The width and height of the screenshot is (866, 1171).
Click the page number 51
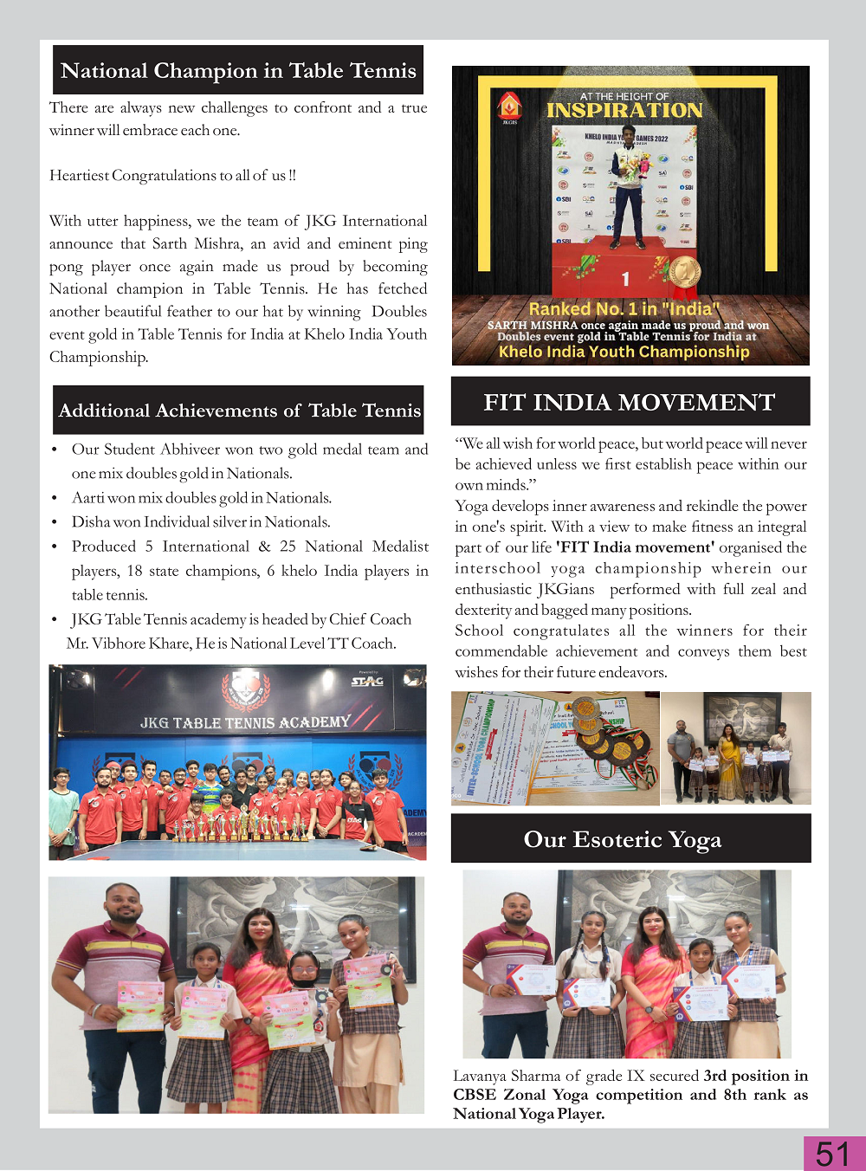pos(832,1154)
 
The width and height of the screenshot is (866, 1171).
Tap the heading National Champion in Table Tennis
pos(238,70)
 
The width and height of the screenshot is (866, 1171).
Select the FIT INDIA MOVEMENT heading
pos(630,402)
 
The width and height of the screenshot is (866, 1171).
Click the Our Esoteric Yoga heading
pos(622,839)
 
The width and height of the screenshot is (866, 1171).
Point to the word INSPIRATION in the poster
pos(624,111)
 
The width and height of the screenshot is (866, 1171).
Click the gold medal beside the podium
pos(683,272)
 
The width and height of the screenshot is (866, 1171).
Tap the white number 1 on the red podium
pos(625,279)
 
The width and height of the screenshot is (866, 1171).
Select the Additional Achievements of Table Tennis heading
pos(239,411)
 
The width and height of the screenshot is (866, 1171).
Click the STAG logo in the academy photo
pos(367,681)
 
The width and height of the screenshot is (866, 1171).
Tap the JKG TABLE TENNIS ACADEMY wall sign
pos(245,722)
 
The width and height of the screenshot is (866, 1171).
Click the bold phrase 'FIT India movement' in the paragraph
pos(635,547)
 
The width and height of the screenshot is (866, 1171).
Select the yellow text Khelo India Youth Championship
pos(624,352)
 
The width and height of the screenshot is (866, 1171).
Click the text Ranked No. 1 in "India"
pos(624,309)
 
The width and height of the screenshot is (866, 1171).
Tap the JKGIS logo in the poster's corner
pos(509,107)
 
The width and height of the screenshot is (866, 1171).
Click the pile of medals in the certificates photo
pos(613,737)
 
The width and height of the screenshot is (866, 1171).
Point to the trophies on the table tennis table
pos(242,828)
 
